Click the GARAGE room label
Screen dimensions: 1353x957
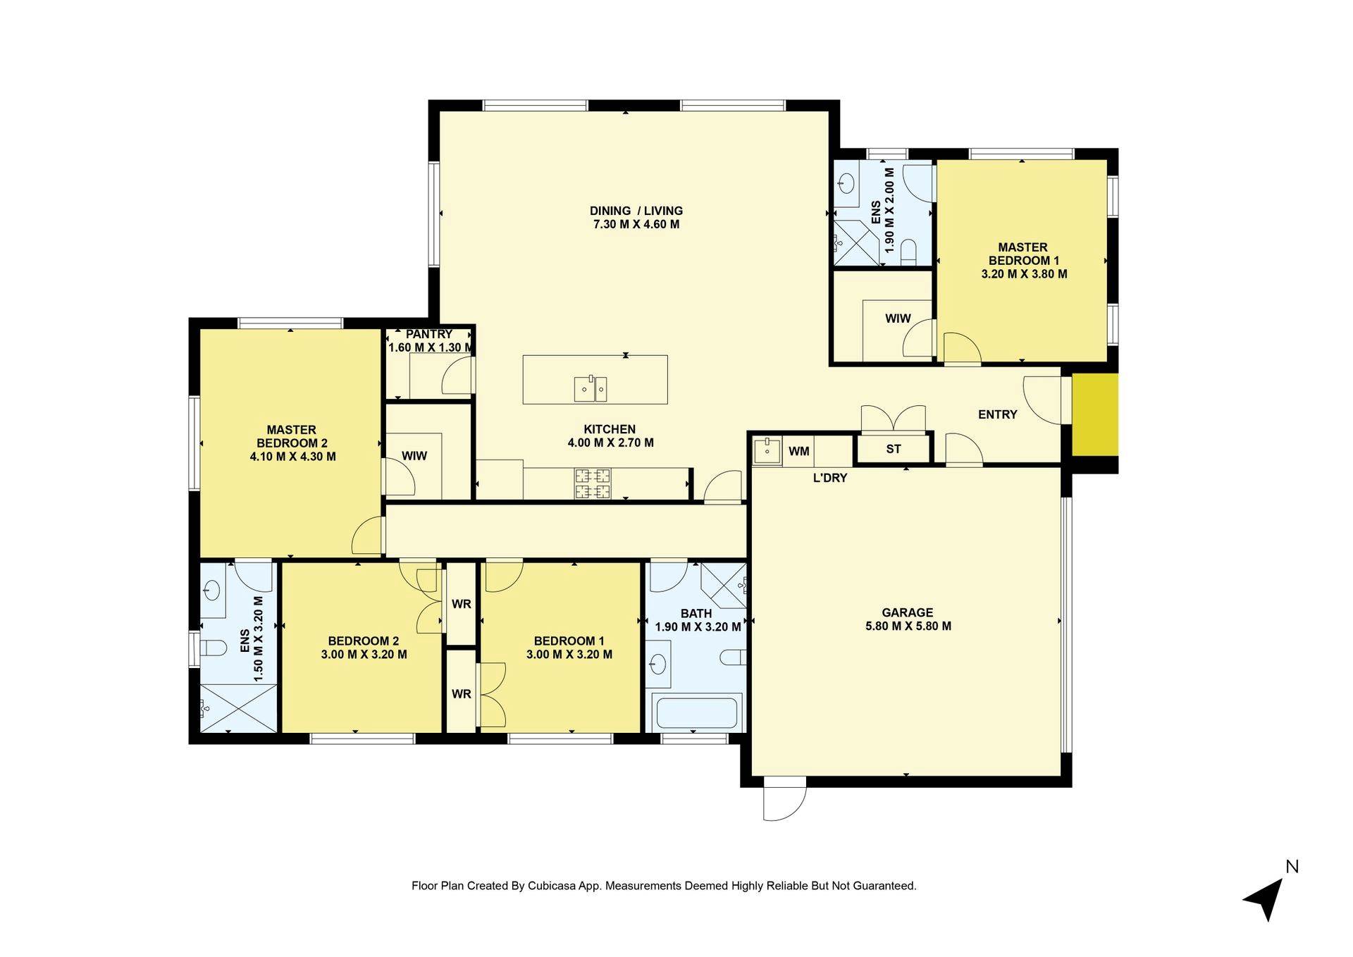pyautogui.click(x=907, y=612)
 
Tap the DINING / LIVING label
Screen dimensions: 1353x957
pyautogui.click(x=636, y=211)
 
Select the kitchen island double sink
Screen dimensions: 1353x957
pyautogui.click(x=591, y=388)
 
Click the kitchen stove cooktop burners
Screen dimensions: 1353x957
pyautogui.click(x=593, y=483)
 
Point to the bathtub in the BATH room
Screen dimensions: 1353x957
pyautogui.click(x=697, y=712)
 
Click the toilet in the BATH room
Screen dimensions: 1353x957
pyautogui.click(x=733, y=657)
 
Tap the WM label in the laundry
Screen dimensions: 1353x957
pyautogui.click(x=798, y=451)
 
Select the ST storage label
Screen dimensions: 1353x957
pyautogui.click(x=893, y=449)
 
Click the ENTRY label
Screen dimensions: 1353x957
pyautogui.click(x=997, y=414)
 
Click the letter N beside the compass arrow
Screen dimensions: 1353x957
pyautogui.click(x=1292, y=866)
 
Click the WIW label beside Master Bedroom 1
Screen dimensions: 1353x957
pyautogui.click(x=898, y=319)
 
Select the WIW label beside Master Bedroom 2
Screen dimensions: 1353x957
pyautogui.click(x=414, y=456)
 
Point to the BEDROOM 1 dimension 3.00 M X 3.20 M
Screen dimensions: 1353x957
pyautogui.click(x=569, y=655)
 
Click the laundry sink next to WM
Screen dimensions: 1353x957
pyautogui.click(x=766, y=451)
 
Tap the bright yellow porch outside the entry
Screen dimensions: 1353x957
pyautogui.click(x=1094, y=414)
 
